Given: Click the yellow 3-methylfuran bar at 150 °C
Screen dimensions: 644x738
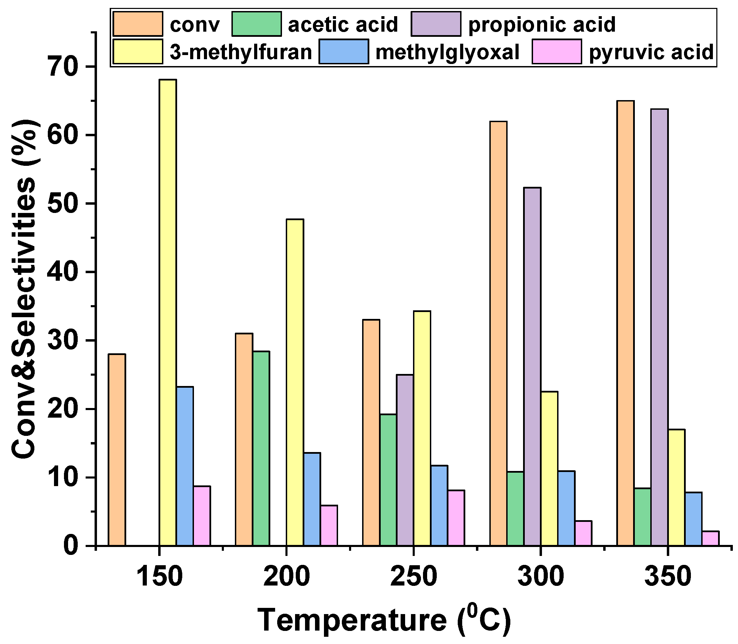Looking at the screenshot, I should pyautogui.click(x=168, y=313).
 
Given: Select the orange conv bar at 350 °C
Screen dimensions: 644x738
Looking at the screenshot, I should pyautogui.click(x=626, y=323).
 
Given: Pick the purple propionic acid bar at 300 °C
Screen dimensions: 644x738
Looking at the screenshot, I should pyautogui.click(x=532, y=367).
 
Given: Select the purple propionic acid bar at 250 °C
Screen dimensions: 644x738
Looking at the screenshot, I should pyautogui.click(x=405, y=460).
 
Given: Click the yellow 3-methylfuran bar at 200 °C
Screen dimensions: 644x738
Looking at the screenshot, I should pyautogui.click(x=295, y=383).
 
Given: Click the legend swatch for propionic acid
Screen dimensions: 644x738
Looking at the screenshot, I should pyautogui.click(x=436, y=24).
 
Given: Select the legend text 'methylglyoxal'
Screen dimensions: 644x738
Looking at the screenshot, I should pyautogui.click(x=447, y=52).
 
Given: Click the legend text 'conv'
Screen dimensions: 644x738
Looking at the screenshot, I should pyautogui.click(x=194, y=25).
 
